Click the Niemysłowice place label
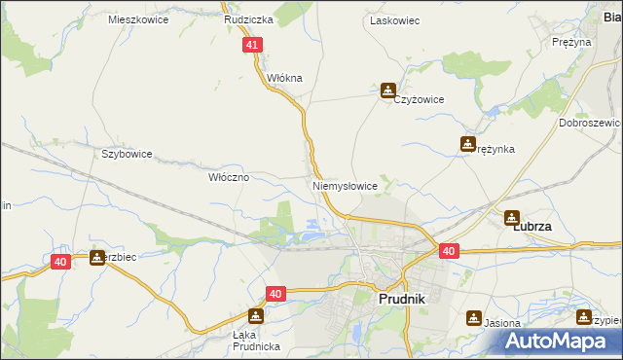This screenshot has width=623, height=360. [x=344, y=185]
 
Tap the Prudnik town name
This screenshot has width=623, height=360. [x=400, y=301]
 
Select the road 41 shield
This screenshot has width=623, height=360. [x=253, y=45]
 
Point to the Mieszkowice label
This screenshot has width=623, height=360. [x=138, y=19]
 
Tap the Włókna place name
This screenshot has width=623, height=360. [x=285, y=78]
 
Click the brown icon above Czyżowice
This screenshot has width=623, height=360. [x=388, y=90]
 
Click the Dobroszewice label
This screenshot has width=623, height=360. [x=590, y=124]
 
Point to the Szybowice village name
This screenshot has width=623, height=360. [x=127, y=154]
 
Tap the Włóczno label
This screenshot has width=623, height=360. [x=230, y=178]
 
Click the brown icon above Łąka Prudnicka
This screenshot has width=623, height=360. [x=255, y=316]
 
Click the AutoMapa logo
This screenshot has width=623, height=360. [x=561, y=342]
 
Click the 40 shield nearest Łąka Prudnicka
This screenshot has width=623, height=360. [x=276, y=293]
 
